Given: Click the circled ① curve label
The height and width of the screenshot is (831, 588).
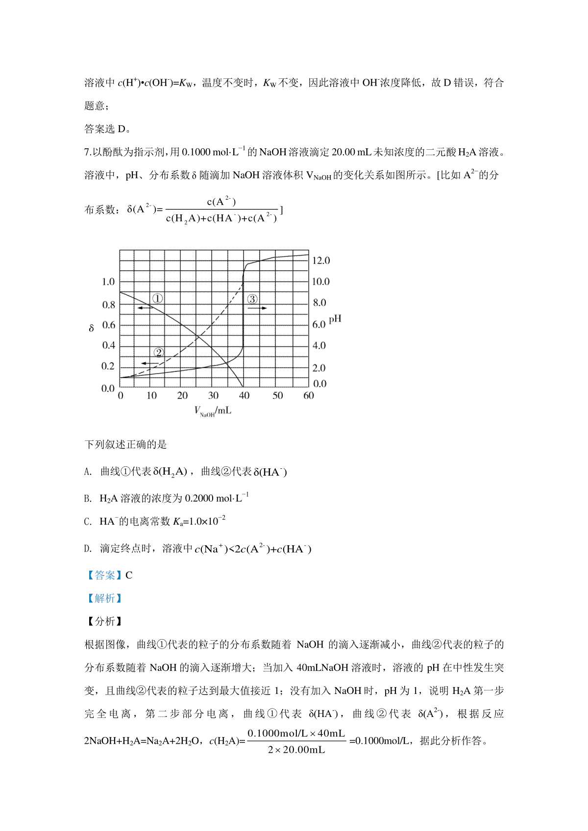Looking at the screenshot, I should coord(157,298).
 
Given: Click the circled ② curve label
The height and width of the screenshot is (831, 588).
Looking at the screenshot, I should coord(158,352).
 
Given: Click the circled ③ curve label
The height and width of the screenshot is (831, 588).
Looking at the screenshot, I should coord(252,299).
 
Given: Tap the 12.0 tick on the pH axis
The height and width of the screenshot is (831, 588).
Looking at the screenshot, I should coord(321,261).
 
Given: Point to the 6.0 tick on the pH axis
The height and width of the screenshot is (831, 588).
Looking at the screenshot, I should coord(319,324).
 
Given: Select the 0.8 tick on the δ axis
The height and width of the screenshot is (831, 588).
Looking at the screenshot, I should coord(108,305).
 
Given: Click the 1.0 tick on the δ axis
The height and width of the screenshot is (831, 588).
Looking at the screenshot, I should coord(108,282).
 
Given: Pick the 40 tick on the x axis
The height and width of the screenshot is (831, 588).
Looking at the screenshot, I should coord(244,396).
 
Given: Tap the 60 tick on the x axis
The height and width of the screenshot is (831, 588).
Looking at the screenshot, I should coord(308,396).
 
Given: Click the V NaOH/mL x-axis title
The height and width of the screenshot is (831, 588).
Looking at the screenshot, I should coord(213,412).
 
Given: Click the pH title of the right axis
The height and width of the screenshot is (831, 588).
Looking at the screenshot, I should coord(335,320).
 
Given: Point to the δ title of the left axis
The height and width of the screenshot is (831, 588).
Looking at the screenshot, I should coord(91,328).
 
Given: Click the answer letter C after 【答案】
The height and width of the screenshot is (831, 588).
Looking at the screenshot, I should coord(129,576).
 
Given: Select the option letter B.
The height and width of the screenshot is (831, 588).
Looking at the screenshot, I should coord(88,499).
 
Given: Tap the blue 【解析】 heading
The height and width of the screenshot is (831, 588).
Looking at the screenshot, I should coord(103,599).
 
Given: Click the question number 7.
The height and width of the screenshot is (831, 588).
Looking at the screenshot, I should coord(87,152).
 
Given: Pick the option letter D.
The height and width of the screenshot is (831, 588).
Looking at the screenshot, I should coord(88,549).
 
